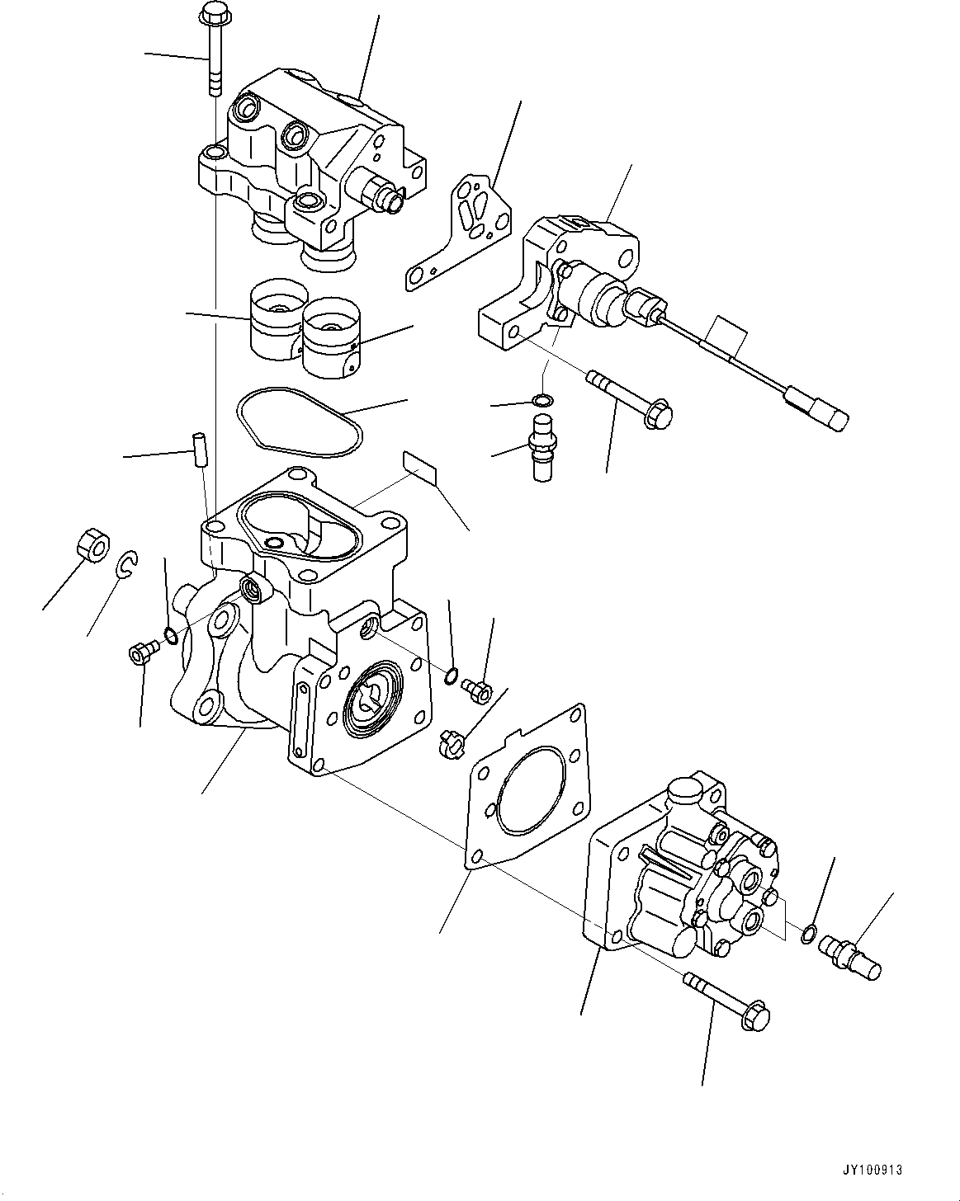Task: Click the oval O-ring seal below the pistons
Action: click(x=300, y=422)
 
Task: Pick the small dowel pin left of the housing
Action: click(x=199, y=447)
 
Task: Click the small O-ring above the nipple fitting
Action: click(x=541, y=401)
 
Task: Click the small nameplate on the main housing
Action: click(x=419, y=467)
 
